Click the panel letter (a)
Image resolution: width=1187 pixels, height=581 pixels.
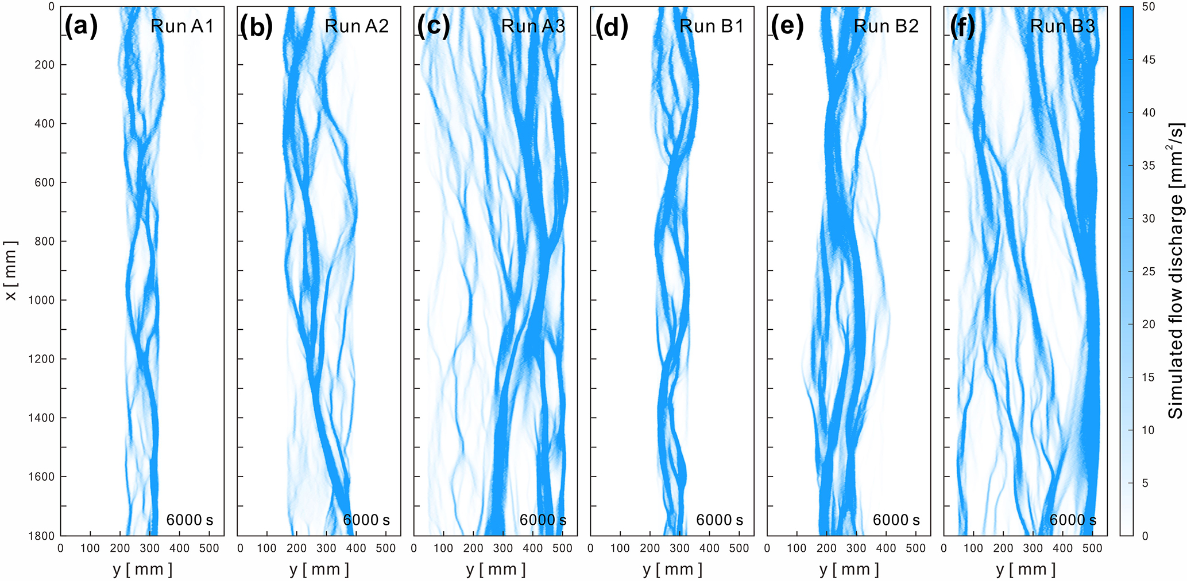[82, 26]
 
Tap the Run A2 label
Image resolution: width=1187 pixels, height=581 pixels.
[357, 26]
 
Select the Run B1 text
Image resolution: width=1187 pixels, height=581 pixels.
[712, 26]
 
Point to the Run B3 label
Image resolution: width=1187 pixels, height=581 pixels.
[1062, 26]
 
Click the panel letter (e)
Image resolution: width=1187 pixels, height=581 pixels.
[787, 26]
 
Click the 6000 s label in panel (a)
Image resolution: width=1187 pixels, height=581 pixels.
[190, 520]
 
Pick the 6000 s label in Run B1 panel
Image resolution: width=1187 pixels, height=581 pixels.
[720, 520]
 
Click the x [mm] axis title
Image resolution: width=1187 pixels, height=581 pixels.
[11, 271]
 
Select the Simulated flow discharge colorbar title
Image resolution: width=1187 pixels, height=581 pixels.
[1176, 271]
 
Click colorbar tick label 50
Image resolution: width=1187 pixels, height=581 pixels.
[1149, 7]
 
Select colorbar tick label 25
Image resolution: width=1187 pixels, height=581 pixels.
[1149, 271]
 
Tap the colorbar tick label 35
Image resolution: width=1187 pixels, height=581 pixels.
[1149, 166]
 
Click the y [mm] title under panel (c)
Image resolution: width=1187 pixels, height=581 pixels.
[496, 569]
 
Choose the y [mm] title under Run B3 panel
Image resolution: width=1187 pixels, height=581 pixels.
[1026, 569]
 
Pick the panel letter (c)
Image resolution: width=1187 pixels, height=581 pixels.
[434, 26]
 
